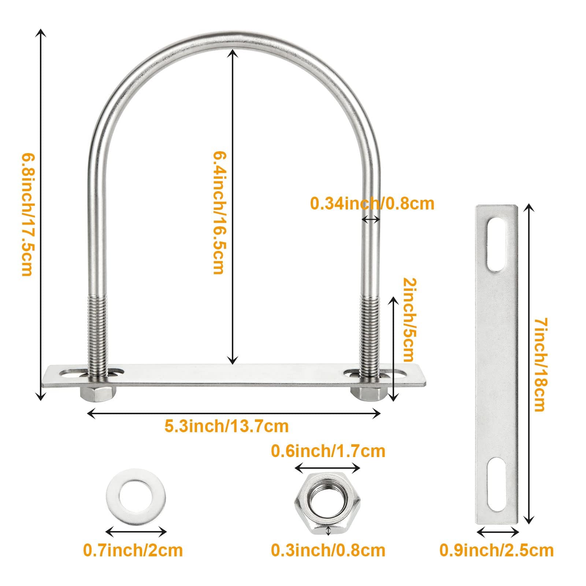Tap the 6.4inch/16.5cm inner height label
point(218,213)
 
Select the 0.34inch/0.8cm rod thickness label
point(372,203)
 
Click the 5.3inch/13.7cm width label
point(226,426)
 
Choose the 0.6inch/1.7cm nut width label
point(328,451)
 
